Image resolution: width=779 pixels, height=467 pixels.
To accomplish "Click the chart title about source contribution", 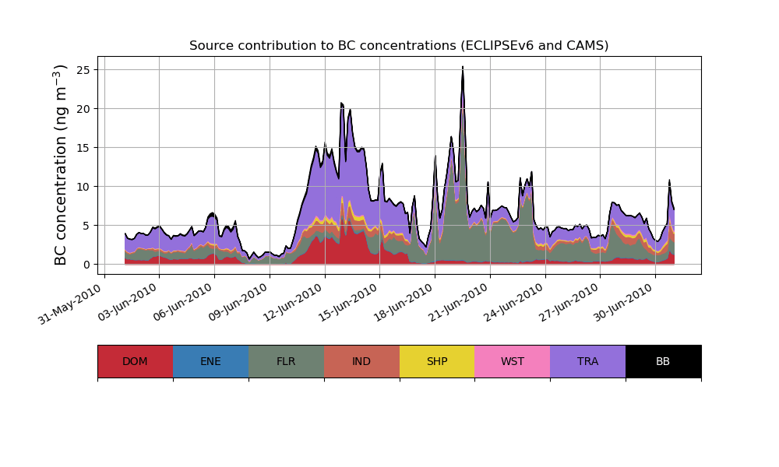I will point(399,46).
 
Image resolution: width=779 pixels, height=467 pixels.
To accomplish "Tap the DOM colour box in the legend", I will point(135,361).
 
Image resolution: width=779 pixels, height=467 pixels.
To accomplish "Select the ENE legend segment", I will point(210,361).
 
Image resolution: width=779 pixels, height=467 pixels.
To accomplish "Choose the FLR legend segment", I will point(286,361).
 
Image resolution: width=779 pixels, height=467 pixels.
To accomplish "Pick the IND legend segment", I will point(361,361).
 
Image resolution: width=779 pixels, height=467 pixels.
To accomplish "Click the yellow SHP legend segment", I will point(437,361).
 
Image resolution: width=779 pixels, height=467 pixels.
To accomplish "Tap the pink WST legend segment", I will point(513,361).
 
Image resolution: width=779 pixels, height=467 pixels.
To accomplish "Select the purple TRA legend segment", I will point(588,361).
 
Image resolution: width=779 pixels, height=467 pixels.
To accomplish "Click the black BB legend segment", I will point(663,361).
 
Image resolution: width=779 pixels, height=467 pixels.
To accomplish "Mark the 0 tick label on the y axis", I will point(86,265).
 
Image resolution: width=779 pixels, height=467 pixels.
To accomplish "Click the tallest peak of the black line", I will point(463,68).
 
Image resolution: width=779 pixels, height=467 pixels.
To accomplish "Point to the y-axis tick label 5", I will point(86,226).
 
